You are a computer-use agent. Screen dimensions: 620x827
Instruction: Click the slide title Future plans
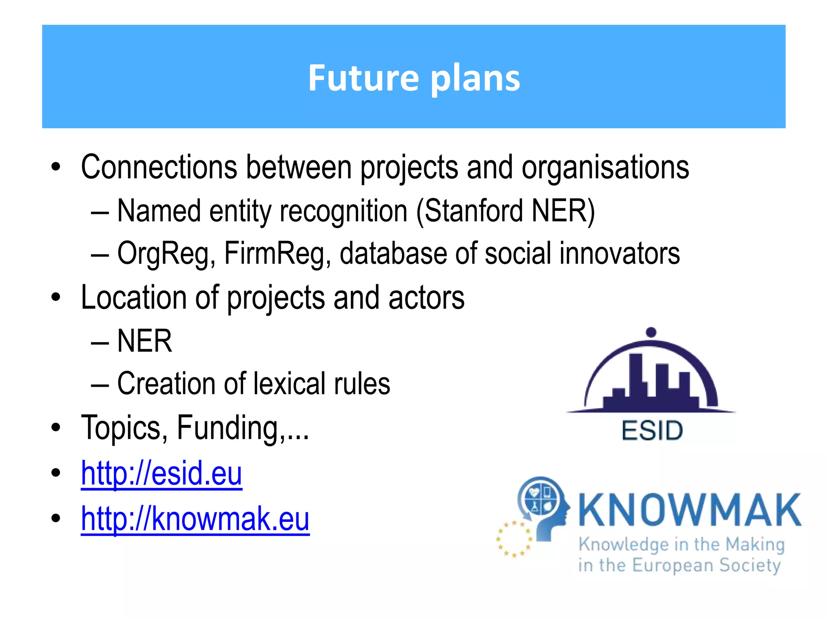click(x=414, y=77)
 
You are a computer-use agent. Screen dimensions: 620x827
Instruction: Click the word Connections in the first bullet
click(x=159, y=167)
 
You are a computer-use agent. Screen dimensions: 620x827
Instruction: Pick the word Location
click(x=133, y=297)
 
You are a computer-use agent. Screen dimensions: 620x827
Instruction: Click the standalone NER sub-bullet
click(x=145, y=341)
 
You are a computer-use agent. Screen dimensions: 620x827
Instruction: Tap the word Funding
click(x=228, y=428)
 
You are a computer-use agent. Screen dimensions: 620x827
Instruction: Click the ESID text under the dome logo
click(x=652, y=431)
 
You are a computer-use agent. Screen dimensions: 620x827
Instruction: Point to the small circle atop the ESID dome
click(x=651, y=332)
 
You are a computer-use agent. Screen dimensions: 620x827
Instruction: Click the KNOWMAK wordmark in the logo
click(x=690, y=510)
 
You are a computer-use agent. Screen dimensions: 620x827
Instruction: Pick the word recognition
click(x=343, y=211)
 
